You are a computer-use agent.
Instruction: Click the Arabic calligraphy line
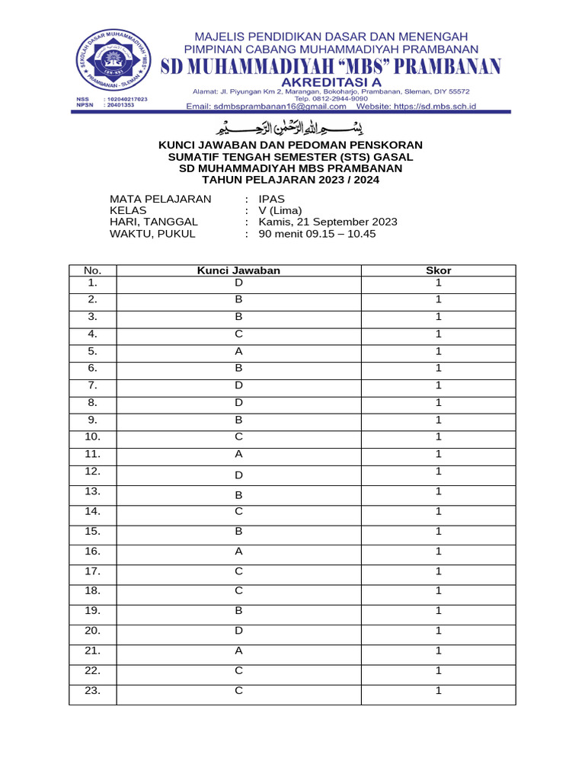click(x=292, y=126)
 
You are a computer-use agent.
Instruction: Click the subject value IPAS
click(x=272, y=199)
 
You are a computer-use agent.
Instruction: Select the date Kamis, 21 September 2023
click(x=328, y=222)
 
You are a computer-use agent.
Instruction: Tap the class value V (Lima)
click(x=280, y=210)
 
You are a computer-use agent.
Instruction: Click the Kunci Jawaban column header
click(x=238, y=270)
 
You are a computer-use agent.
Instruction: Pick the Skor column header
click(x=438, y=270)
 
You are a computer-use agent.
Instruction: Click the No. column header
click(x=92, y=270)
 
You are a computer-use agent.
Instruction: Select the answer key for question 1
click(x=238, y=283)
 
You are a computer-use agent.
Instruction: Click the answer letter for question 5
click(x=238, y=351)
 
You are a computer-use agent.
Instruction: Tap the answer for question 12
click(x=238, y=475)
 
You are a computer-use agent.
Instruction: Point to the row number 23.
click(x=92, y=691)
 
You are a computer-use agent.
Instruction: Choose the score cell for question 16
click(x=438, y=551)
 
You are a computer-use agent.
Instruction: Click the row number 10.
click(x=92, y=436)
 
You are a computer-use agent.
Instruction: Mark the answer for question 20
click(x=238, y=631)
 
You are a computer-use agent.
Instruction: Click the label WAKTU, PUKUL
click(x=152, y=234)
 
